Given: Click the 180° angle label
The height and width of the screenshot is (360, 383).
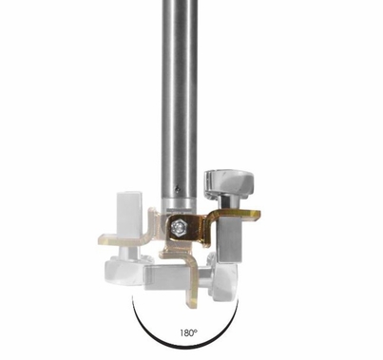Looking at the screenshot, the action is pos(189,332).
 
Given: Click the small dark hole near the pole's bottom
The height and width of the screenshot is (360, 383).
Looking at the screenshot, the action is pos(178,189).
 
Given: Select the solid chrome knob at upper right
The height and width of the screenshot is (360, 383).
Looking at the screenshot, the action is pos(229,183).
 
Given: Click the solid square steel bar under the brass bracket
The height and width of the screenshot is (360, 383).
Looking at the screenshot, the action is pos(230,240).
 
